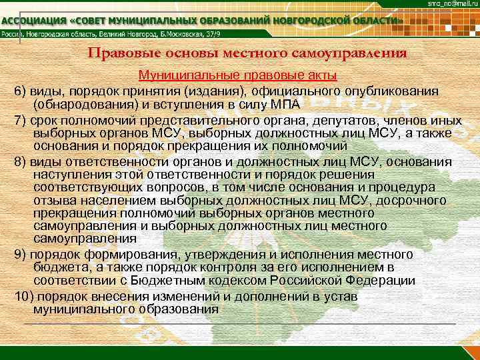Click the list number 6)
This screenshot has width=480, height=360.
click(x=20, y=91)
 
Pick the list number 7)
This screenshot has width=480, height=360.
click(x=20, y=121)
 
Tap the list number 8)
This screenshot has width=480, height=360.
click(x=20, y=161)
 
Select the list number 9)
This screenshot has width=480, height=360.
click(x=20, y=254)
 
